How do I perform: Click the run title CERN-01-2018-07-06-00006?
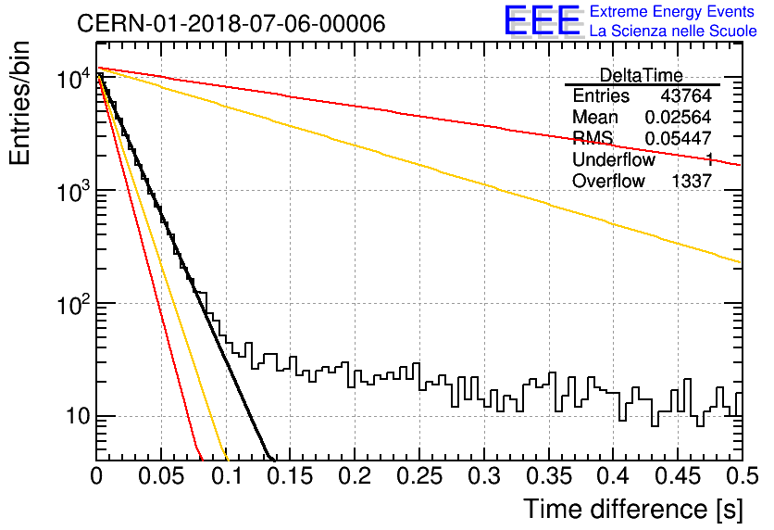point(231,23)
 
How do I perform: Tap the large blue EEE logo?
point(543,20)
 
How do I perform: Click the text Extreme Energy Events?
point(672,11)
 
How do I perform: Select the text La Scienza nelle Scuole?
point(673,31)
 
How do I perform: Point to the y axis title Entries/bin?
point(19,103)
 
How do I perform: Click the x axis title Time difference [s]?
point(633,509)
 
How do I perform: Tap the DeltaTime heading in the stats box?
point(641,75)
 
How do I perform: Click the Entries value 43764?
point(686,95)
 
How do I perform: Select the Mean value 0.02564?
point(678,117)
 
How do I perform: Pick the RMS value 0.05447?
point(678,138)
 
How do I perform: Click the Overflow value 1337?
point(691,181)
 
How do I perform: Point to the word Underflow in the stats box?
point(614,159)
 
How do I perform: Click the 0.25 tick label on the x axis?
point(419,476)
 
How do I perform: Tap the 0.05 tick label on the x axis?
point(161,476)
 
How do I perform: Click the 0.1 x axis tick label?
point(227,476)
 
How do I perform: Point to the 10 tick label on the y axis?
point(79,416)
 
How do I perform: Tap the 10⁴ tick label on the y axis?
point(74,78)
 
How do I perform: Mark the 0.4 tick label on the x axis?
point(614,476)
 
